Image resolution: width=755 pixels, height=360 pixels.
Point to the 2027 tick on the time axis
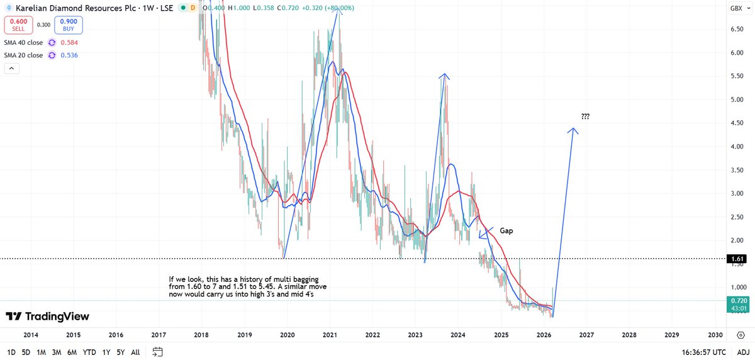tap(586, 336)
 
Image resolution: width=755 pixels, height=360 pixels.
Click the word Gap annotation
tap(507, 231)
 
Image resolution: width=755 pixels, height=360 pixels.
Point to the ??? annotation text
tap(585, 116)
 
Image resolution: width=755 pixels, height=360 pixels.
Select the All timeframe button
tap(135, 352)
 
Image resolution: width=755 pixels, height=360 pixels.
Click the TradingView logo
tap(48, 316)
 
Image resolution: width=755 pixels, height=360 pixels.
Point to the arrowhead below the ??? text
tap(573, 131)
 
